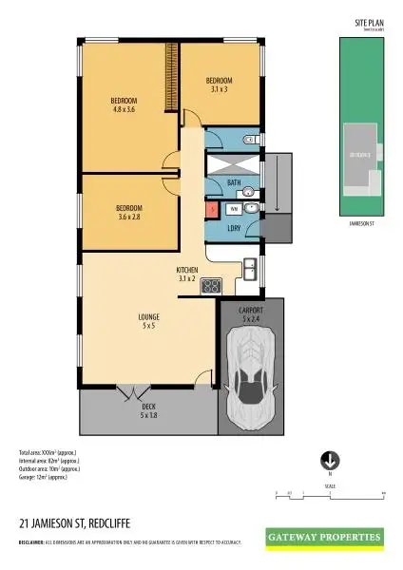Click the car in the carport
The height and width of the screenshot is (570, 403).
coord(254,373)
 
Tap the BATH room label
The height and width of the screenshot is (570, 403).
coord(234,181)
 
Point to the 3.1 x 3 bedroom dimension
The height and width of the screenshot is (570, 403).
coord(220,89)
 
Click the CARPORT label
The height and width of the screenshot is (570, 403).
coord(251,311)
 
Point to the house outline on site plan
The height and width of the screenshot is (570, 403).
coord(363,154)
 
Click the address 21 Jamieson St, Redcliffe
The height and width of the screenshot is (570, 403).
coord(76,522)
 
